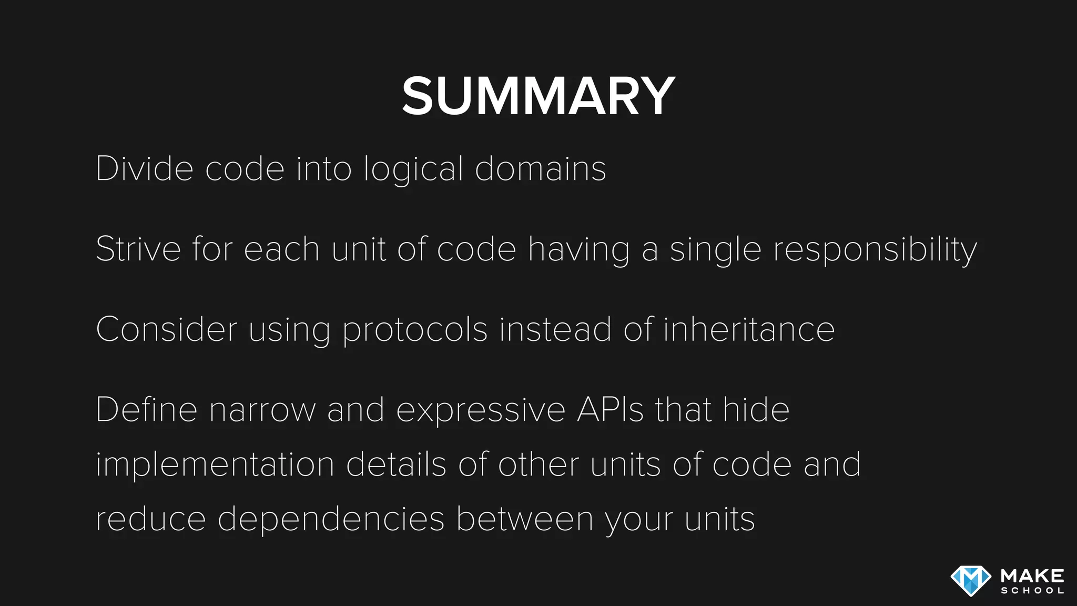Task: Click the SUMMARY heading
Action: pos(538,96)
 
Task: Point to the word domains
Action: pos(541,169)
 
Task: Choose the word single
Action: pos(715,249)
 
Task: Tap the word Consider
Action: pos(166,329)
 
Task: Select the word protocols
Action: pos(415,330)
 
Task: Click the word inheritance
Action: pos(748,329)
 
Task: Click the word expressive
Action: pos(481,410)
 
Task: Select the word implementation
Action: pos(215,465)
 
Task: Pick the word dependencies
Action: pos(331,520)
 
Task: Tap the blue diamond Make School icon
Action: pos(971,581)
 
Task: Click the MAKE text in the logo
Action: pos(1032,575)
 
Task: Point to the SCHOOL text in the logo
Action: pos(1032,591)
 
